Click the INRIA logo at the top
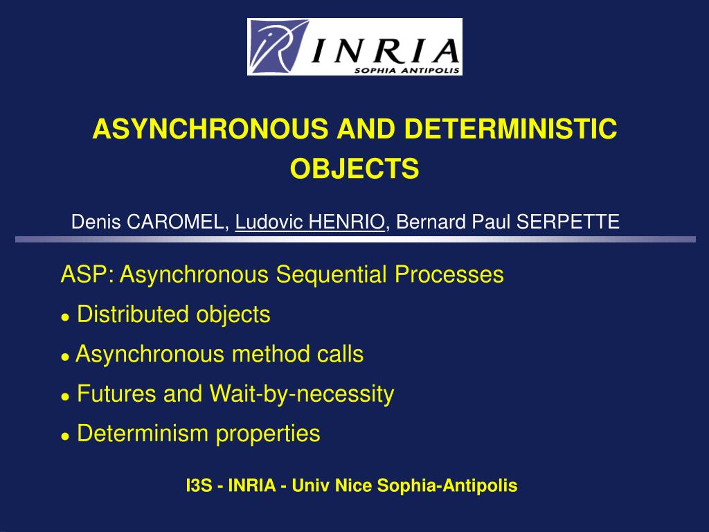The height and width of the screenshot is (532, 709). [x=354, y=46]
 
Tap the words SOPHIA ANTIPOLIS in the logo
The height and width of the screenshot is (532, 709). [x=407, y=70]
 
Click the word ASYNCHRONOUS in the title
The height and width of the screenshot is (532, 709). [x=210, y=129]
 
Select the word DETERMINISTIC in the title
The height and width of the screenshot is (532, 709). [x=510, y=129]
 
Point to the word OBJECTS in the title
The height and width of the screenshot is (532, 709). [x=354, y=168]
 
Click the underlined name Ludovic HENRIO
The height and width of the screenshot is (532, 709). [x=309, y=222]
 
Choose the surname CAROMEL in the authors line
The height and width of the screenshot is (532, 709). [x=175, y=222]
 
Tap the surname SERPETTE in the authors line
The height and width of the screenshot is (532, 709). [x=568, y=222]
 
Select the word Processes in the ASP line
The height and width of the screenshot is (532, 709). [x=449, y=274]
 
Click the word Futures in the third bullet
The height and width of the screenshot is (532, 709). [x=116, y=393]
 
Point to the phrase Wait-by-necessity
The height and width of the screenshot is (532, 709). [x=302, y=394]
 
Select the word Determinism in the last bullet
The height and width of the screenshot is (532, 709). [x=143, y=433]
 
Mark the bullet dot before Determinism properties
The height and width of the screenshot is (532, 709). [x=66, y=436]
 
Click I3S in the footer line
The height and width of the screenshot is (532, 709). [x=199, y=486]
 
